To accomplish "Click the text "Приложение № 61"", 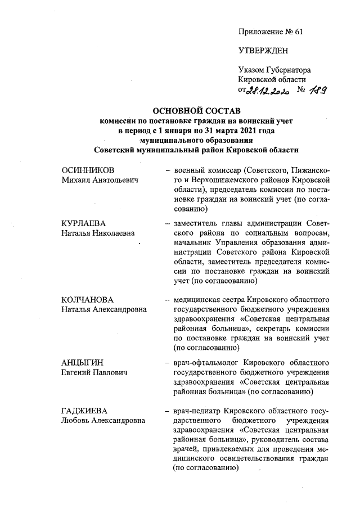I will pos(271,31).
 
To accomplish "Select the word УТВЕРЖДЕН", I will pos(263,51).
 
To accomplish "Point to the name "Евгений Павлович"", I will pos(94,373).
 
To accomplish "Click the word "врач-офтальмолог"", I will pos(203,363).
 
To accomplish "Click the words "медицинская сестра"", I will pos(209,299).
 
